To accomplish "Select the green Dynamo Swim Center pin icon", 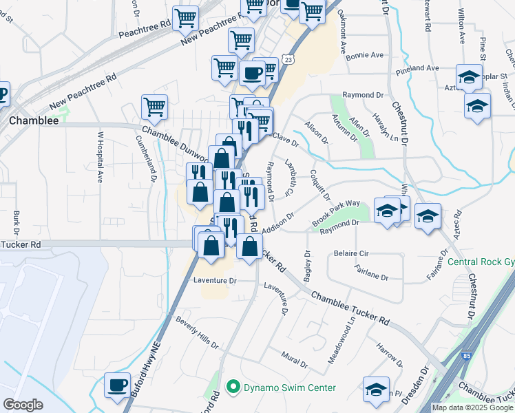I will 233,388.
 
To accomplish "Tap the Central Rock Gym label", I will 481,262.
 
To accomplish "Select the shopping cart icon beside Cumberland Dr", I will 154,107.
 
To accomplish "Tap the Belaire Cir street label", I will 350,253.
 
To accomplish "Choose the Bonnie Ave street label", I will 364,56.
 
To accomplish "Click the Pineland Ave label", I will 417,68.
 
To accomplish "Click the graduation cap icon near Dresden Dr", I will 376,389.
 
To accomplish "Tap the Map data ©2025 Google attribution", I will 472,407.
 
